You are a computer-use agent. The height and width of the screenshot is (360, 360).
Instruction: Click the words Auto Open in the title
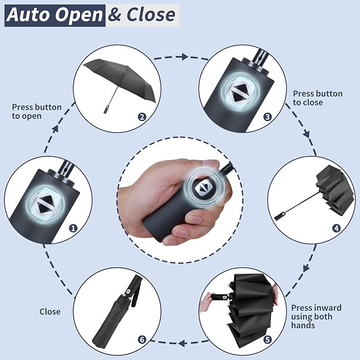(x=55, y=15)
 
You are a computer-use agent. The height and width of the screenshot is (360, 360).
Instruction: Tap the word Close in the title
(x=150, y=15)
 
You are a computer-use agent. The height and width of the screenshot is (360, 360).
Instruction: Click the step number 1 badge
(x=73, y=228)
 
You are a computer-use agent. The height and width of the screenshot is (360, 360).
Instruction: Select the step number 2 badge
(x=142, y=117)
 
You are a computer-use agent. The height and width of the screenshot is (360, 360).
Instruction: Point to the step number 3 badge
(x=267, y=117)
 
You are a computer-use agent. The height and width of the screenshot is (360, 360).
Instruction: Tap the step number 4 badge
(x=336, y=229)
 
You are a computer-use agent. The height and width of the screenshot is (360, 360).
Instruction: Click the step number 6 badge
(x=142, y=339)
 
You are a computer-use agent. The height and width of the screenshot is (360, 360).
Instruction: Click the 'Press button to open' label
(x=37, y=111)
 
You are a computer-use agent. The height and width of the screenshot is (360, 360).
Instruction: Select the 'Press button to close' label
(x=318, y=98)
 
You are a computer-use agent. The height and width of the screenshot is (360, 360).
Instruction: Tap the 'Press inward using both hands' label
(x=316, y=317)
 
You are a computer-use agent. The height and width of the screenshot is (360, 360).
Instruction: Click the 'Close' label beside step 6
(x=50, y=312)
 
